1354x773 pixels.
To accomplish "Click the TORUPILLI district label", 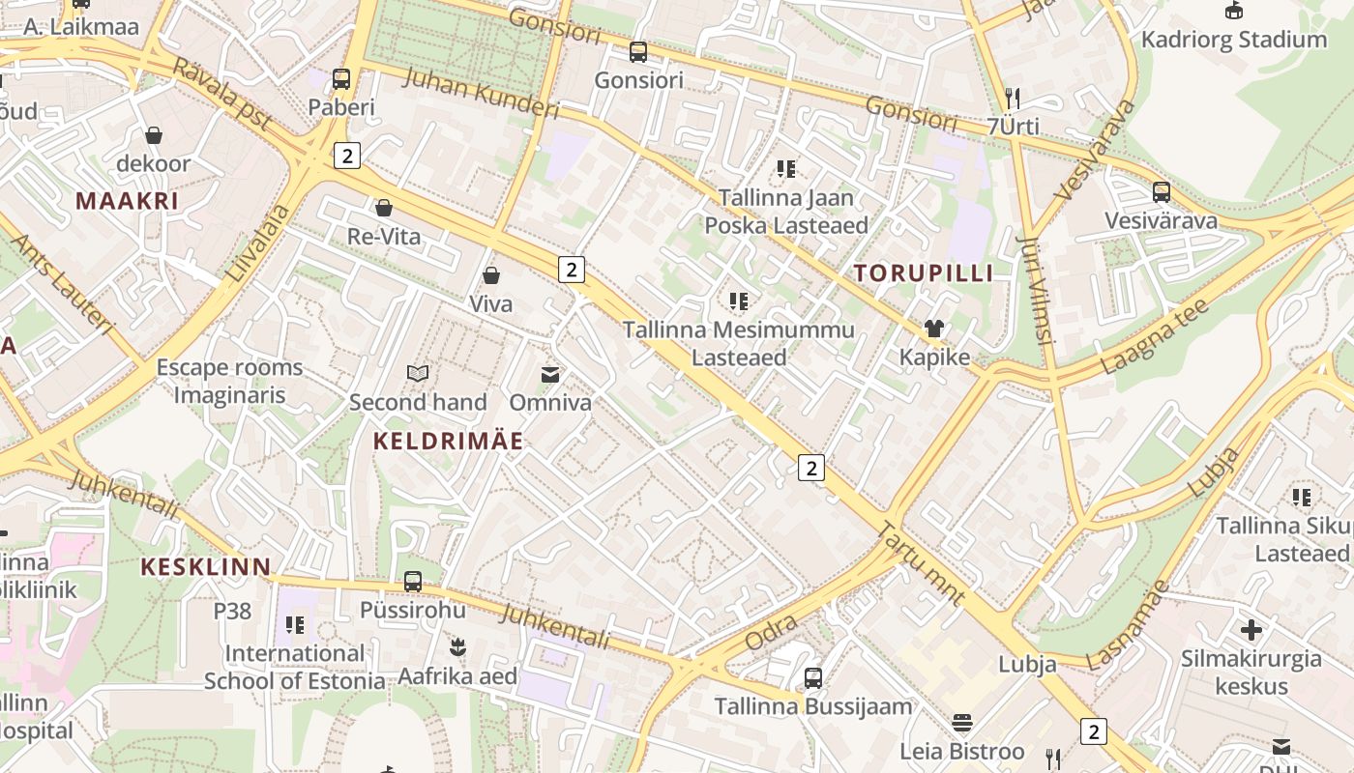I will pyautogui.click(x=924, y=273).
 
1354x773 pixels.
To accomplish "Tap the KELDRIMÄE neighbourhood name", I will pyautogui.click(x=449, y=442).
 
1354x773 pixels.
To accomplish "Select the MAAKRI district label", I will pyautogui.click(x=128, y=201).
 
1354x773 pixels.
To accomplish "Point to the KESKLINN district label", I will pyautogui.click(x=206, y=566).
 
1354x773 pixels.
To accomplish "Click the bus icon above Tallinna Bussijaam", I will pyautogui.click(x=813, y=678).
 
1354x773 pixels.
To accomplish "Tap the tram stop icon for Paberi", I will pyautogui.click(x=341, y=79).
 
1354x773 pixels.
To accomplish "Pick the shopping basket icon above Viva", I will pyautogui.click(x=491, y=276).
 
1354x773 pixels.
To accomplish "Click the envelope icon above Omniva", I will pyautogui.click(x=550, y=375).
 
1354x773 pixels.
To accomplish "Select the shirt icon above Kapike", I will pyautogui.click(x=934, y=329).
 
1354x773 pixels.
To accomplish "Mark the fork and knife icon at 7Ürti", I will pyautogui.click(x=1013, y=99).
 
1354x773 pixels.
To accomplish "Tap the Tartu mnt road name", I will pyautogui.click(x=922, y=564).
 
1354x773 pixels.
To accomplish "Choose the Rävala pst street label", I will pyautogui.click(x=222, y=94).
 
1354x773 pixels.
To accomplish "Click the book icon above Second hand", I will pyautogui.click(x=418, y=374).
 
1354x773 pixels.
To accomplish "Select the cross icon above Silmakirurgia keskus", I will pyautogui.click(x=1251, y=631).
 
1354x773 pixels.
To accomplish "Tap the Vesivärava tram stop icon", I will pyautogui.click(x=1162, y=192).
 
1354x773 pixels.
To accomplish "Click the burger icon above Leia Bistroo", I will pyautogui.click(x=962, y=723).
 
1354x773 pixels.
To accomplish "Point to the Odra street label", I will pyautogui.click(x=772, y=632).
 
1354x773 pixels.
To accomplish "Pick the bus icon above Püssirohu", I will pyautogui.click(x=413, y=582).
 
